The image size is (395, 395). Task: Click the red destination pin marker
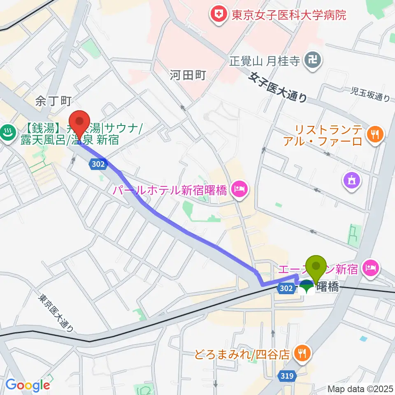tap(78, 125)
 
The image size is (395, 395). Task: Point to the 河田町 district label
tap(187, 75)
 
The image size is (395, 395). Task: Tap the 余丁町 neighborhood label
tap(53, 100)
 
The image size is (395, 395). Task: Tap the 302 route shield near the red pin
tap(99, 164)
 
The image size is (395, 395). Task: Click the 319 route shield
tap(288, 375)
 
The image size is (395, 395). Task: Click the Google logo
tap(28, 385)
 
